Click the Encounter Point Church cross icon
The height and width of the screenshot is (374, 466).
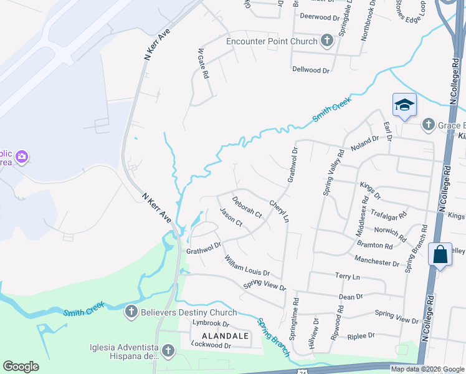tap(326, 41)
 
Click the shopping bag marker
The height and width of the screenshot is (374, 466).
tap(440, 254)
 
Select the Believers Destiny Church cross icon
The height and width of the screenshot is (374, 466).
tap(131, 312)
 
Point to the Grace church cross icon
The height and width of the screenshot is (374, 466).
tap(428, 125)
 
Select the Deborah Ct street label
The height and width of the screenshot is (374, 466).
tap(247, 206)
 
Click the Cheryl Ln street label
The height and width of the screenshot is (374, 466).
tap(279, 211)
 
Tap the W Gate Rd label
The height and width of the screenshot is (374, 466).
tap(202, 63)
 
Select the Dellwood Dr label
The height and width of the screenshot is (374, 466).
tap(310, 70)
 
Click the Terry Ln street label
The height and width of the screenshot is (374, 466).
tap(348, 276)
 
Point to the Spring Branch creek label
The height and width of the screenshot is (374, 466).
tap(273, 337)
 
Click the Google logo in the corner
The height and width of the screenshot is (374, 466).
tap(21, 367)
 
